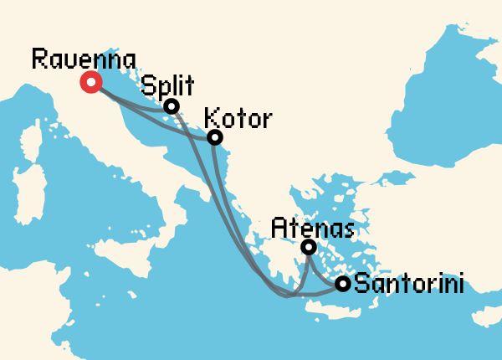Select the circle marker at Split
pyautogui.click(x=171, y=106)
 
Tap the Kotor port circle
pyautogui.click(x=215, y=136)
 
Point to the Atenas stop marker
pyautogui.click(x=309, y=247)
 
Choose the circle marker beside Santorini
pyautogui.click(x=342, y=284)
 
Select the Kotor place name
pyautogui.click(x=238, y=119)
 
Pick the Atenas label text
pyautogui.click(x=308, y=227)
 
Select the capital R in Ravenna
pyautogui.click(x=38, y=59)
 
